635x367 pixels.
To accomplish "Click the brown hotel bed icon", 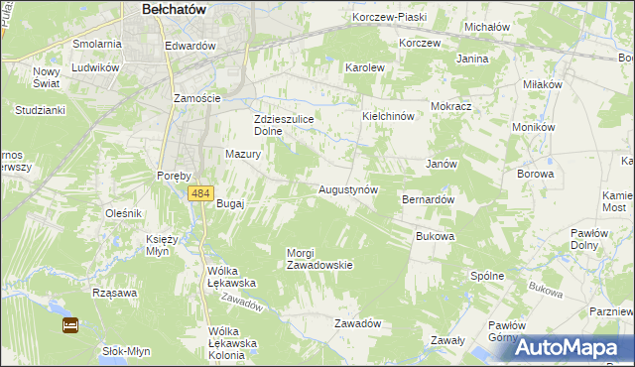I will click(x=70, y=324).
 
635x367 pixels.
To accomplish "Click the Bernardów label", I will click(x=428, y=199).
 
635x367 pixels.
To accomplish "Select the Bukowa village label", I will click(x=435, y=237).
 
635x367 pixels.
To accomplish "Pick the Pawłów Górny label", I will click(x=507, y=330).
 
